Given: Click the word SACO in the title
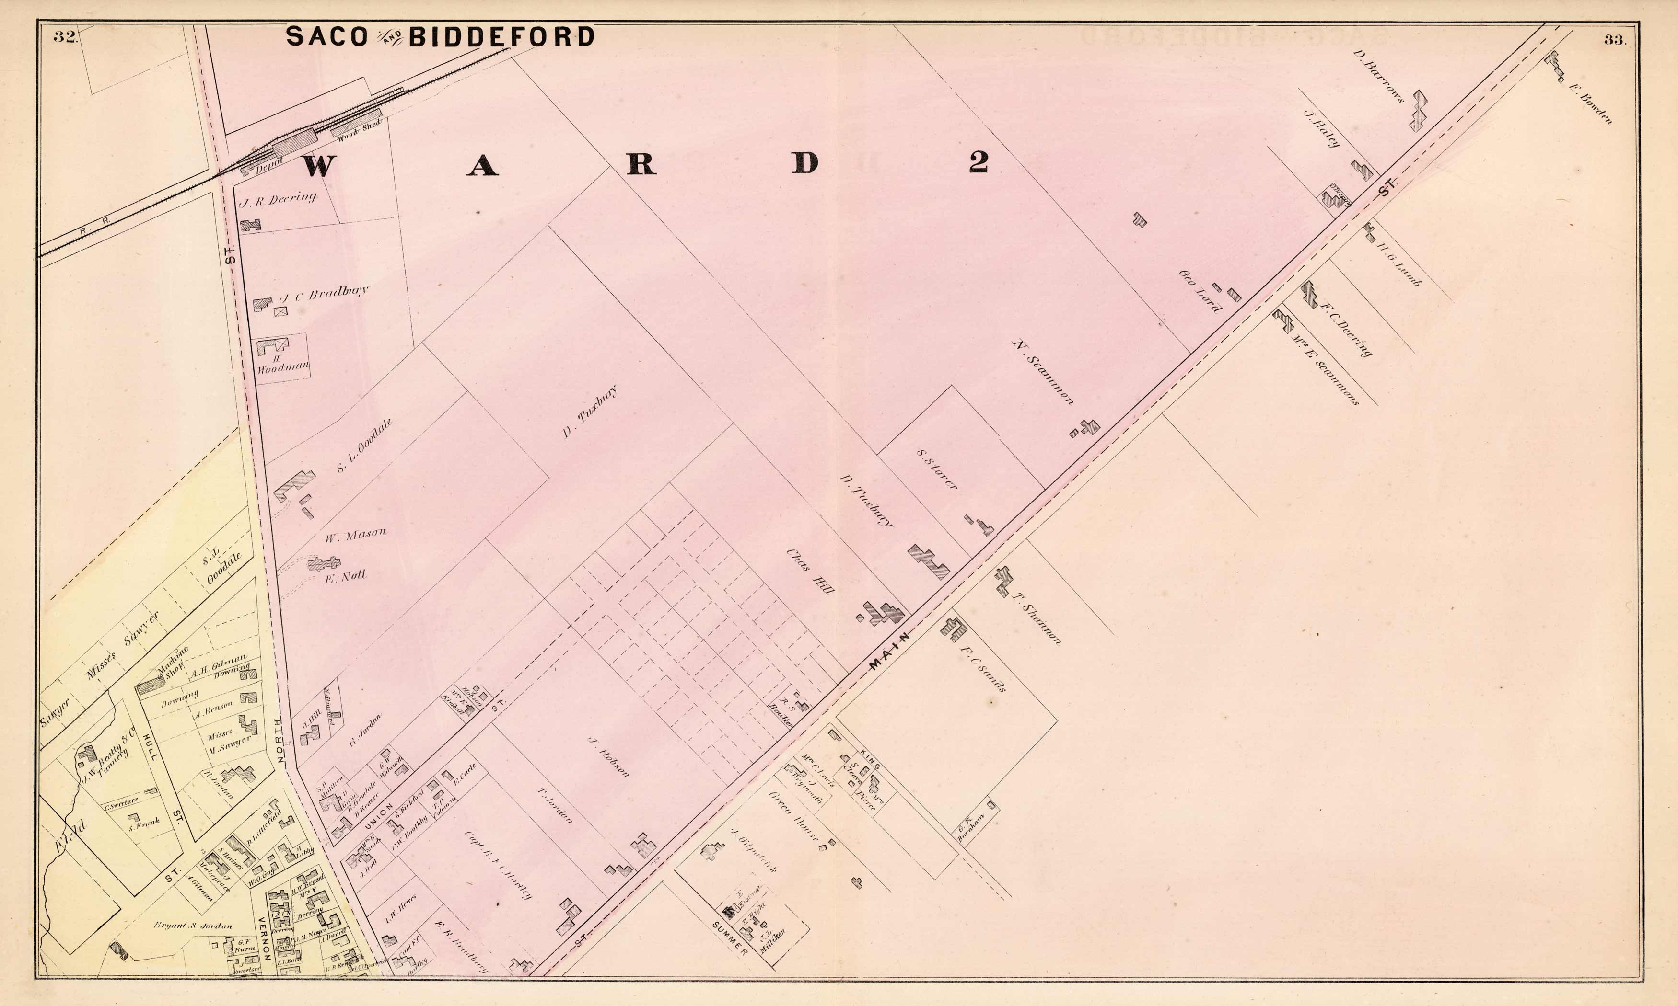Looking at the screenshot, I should tap(327, 36).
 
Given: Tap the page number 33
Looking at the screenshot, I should tap(1614, 40).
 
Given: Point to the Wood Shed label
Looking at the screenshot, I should tap(360, 129).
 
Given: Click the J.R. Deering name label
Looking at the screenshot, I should tap(278, 199).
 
